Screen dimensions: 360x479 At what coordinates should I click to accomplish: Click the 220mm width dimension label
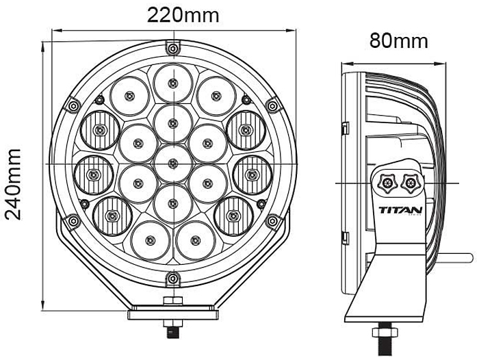(x=183, y=14)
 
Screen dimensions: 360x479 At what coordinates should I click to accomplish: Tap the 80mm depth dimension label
(x=399, y=40)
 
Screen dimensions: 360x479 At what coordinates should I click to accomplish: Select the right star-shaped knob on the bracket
(x=410, y=182)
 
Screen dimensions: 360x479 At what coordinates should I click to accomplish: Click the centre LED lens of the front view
(x=173, y=163)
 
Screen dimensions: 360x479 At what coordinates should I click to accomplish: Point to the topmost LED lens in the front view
(x=173, y=83)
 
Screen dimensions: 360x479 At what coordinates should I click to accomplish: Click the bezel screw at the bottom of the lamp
(x=174, y=278)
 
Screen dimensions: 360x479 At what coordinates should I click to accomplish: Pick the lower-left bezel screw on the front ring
(x=73, y=220)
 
